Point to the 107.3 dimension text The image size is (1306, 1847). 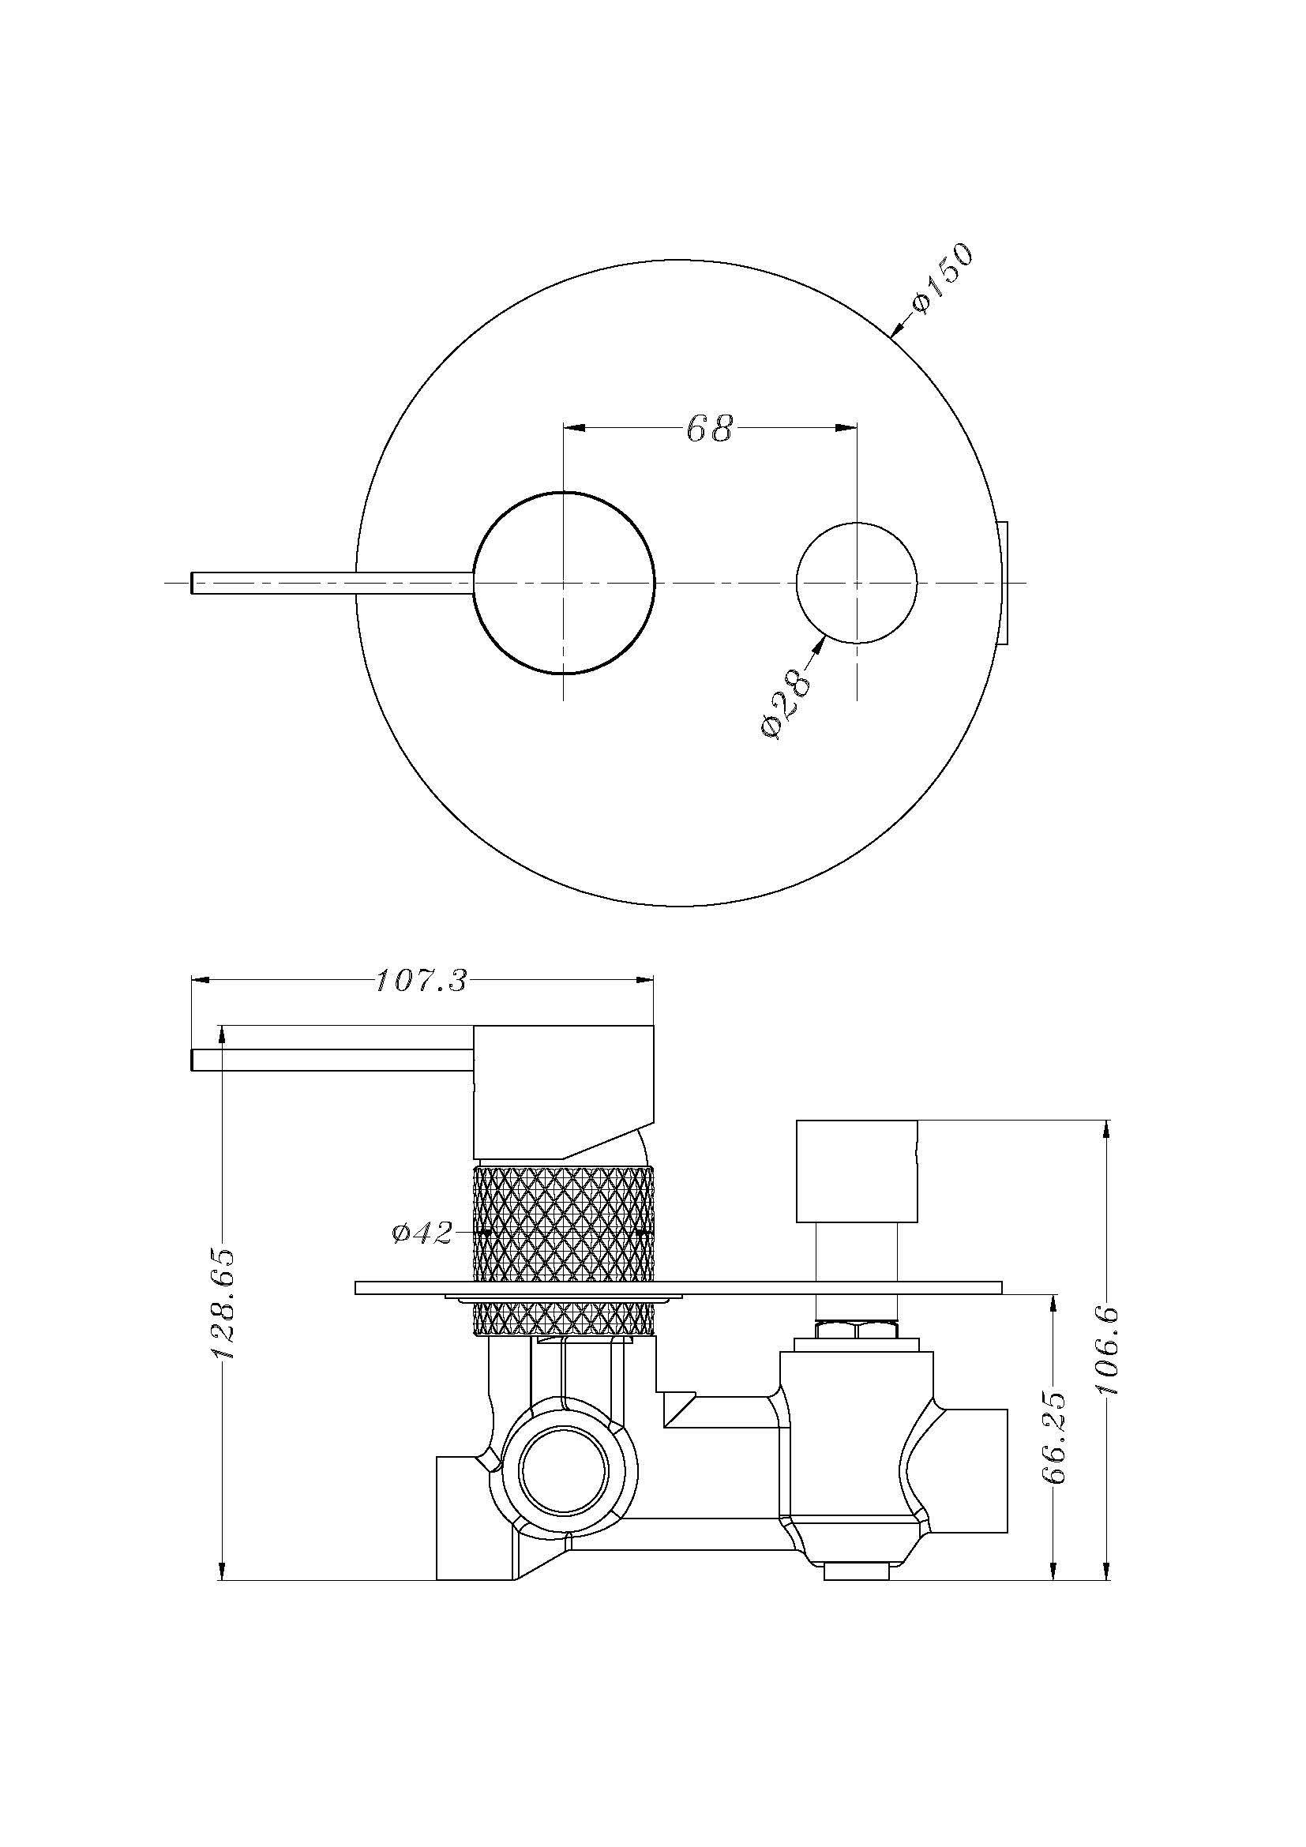pyautogui.click(x=422, y=983)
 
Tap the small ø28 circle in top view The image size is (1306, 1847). pyautogui.click(x=856, y=583)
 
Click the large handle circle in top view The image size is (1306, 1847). pyautogui.click(x=565, y=583)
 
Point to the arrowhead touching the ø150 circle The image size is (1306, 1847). pyautogui.click(x=896, y=329)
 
